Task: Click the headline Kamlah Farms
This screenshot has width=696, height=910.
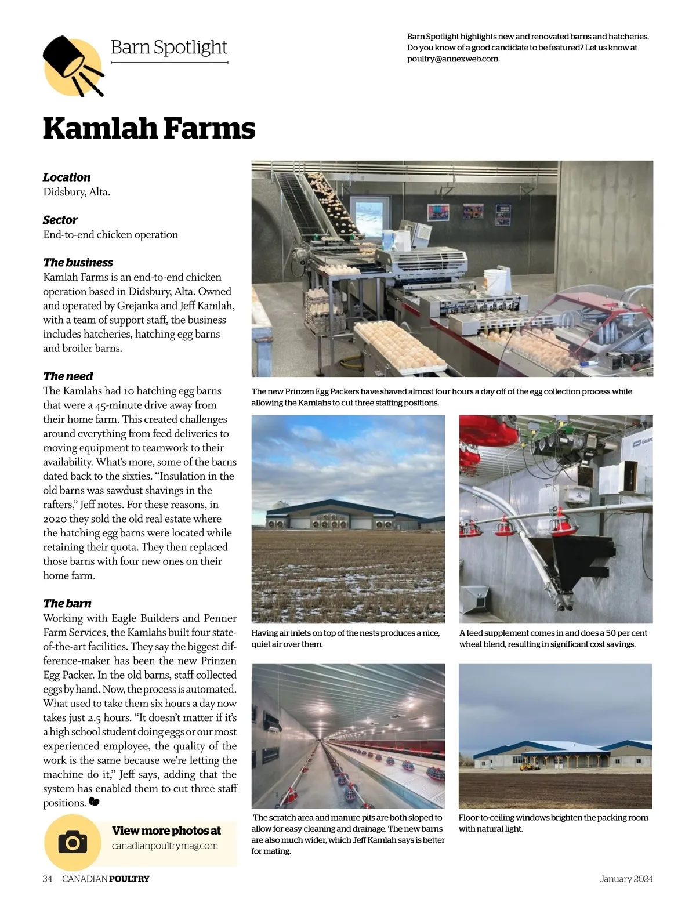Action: (149, 128)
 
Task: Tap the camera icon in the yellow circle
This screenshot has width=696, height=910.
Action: (72, 842)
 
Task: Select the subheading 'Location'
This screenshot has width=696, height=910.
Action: (67, 177)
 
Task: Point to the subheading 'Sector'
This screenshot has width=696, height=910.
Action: (60, 220)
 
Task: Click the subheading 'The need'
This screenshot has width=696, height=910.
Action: (68, 376)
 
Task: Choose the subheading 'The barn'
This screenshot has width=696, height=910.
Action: (67, 603)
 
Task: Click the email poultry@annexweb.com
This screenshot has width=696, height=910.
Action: (452, 59)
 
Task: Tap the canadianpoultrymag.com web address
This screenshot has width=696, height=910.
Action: (165, 846)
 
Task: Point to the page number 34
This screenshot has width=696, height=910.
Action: (48, 879)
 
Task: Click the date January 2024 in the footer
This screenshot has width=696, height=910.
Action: (626, 879)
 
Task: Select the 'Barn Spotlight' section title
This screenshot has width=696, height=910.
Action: (169, 47)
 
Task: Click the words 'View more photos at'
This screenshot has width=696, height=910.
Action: (166, 831)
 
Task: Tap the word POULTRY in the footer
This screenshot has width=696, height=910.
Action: (129, 879)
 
